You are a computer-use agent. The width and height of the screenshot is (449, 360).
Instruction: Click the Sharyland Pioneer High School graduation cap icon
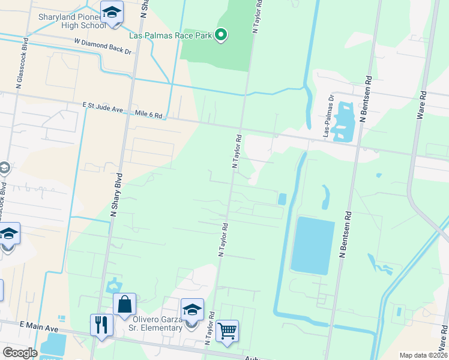(112, 13)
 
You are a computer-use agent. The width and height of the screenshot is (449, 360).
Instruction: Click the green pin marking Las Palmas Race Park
(221, 35)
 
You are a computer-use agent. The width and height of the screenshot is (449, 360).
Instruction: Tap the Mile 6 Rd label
(149, 114)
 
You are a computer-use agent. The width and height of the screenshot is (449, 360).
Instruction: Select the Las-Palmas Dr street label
(329, 116)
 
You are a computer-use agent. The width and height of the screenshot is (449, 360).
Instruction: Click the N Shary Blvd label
(116, 194)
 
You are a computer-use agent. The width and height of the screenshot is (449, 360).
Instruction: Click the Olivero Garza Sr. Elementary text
(157, 323)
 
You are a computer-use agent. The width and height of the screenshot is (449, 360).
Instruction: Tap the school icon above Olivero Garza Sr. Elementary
(192, 310)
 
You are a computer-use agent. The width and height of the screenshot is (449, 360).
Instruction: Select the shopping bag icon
(124, 304)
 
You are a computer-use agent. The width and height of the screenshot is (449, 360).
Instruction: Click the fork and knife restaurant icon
(101, 325)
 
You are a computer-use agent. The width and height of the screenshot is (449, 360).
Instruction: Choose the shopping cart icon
(228, 331)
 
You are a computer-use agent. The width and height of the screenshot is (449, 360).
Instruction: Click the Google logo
(19, 353)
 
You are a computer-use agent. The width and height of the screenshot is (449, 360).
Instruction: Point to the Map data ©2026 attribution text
(423, 355)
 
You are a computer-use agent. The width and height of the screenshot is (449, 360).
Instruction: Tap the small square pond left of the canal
(282, 199)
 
